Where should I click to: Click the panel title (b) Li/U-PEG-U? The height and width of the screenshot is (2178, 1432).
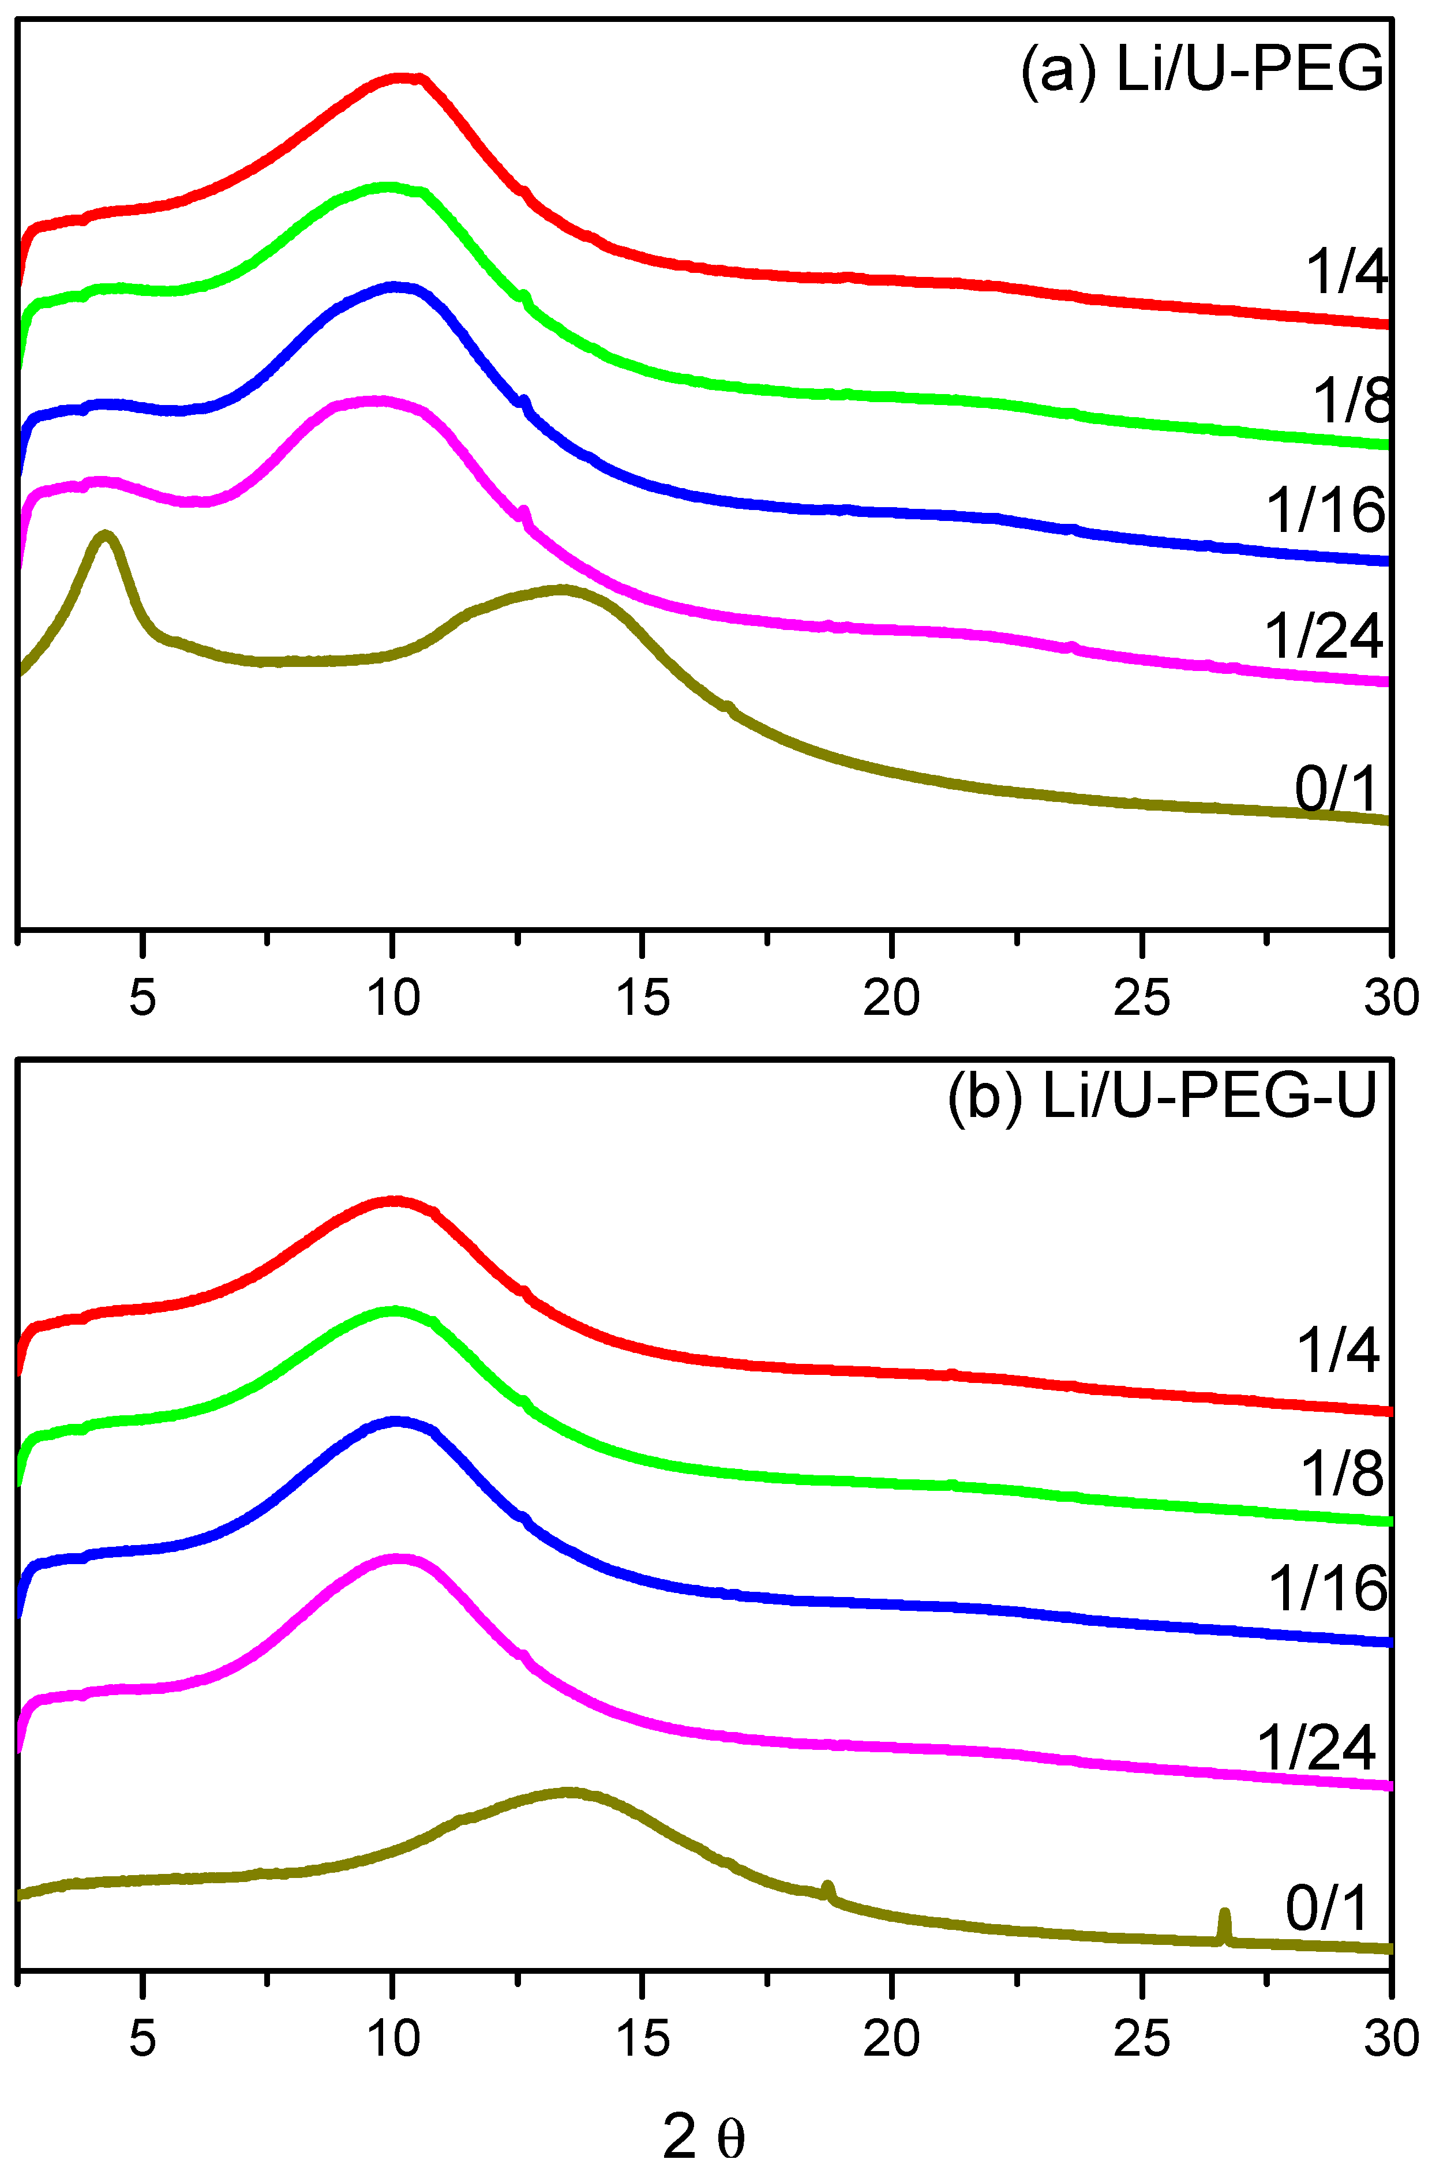click(x=1162, y=1096)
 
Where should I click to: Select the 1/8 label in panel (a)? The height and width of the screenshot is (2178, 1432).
click(x=1351, y=400)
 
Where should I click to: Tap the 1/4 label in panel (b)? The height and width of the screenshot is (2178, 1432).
click(x=1338, y=1350)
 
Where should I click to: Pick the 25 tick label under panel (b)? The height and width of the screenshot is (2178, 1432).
click(x=1142, y=2038)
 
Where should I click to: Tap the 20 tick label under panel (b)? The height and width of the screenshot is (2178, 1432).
click(x=891, y=2038)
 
